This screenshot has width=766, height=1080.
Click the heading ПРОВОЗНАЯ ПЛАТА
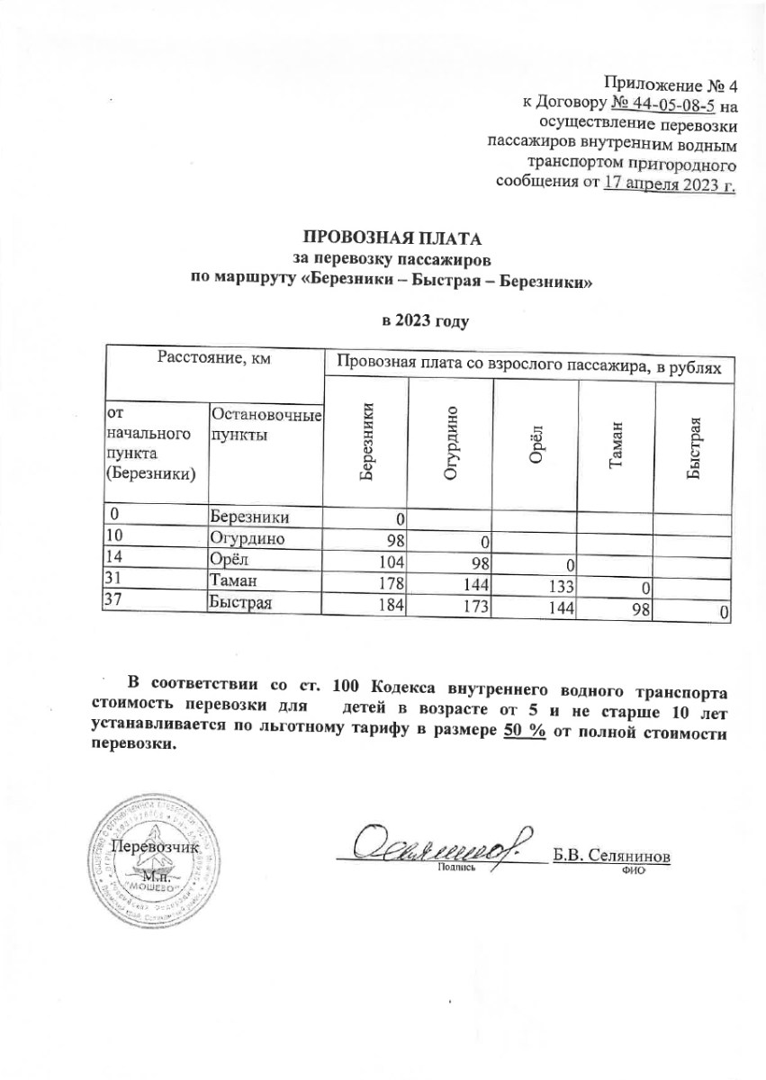pyautogui.click(x=391, y=239)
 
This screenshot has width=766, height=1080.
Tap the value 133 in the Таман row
pyautogui.click(x=557, y=586)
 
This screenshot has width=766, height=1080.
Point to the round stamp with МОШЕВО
pyautogui.click(x=149, y=855)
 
